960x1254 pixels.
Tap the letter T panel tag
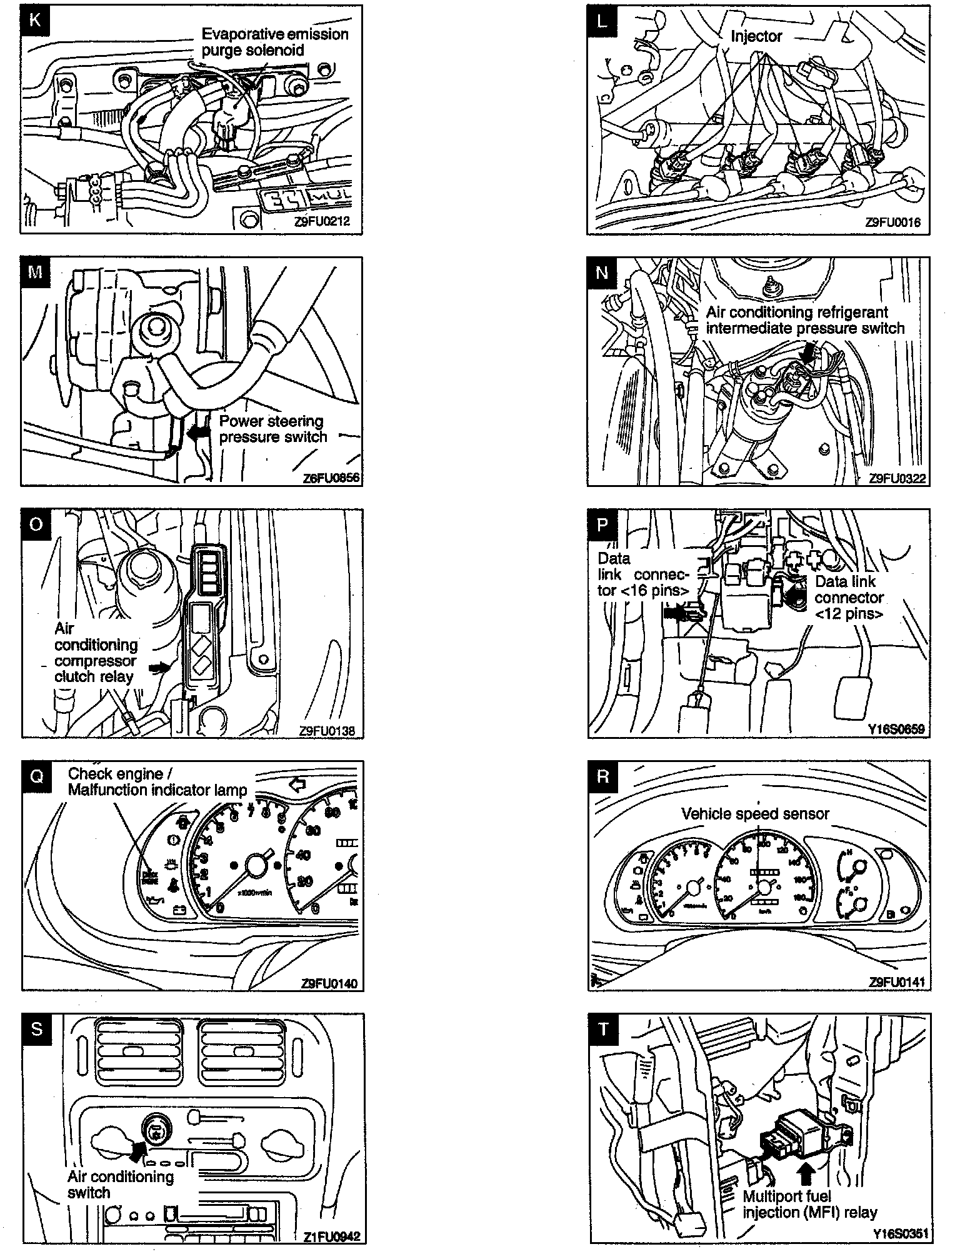click(x=602, y=1029)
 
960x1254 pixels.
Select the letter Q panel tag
click(x=37, y=776)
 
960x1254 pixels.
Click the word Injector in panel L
click(x=756, y=37)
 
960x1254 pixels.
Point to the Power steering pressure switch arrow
click(x=202, y=431)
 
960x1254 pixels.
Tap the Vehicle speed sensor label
click(x=755, y=814)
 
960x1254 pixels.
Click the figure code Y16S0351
click(x=901, y=1235)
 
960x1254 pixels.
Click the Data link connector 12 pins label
click(x=849, y=598)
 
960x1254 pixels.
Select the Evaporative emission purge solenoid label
click(x=274, y=42)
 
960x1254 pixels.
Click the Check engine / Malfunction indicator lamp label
click(x=157, y=782)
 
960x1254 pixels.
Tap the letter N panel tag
click(x=602, y=273)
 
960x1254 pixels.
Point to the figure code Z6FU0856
click(x=332, y=478)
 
